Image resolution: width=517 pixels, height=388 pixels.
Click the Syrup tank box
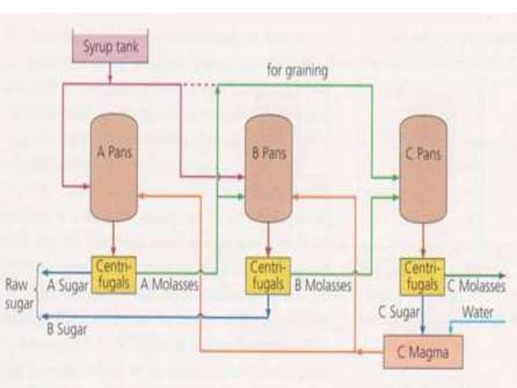[111, 48]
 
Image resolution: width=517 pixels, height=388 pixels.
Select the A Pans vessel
[114, 167]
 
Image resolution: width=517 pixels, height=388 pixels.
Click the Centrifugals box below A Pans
[114, 275]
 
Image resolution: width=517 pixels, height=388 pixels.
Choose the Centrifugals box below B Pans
[269, 276]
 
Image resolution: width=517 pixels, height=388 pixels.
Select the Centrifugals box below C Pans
[422, 276]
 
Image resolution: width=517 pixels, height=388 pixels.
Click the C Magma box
[423, 352]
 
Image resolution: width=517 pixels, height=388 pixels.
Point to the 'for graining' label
[297, 70]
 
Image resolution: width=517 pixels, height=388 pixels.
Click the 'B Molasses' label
[323, 286]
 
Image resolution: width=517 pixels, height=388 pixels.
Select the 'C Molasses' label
[476, 286]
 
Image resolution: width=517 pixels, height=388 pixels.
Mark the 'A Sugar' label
[68, 286]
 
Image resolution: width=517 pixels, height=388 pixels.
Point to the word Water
[478, 312]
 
